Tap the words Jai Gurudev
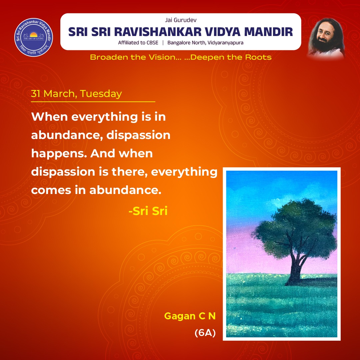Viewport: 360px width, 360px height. pyautogui.click(x=180, y=21)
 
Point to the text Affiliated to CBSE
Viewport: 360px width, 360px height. pyautogui.click(x=138, y=43)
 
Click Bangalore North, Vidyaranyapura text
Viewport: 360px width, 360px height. pyautogui.click(x=205, y=43)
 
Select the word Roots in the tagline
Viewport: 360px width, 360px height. pyautogui.click(x=258, y=57)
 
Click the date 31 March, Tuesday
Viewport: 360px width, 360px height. pyautogui.click(x=76, y=94)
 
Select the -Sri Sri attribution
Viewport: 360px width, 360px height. pyautogui.click(x=148, y=211)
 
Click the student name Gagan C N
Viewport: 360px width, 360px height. pyautogui.click(x=190, y=316)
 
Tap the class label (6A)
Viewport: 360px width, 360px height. pyautogui.click(x=205, y=333)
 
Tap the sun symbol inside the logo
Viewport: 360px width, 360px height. pyautogui.click(x=34, y=34)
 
